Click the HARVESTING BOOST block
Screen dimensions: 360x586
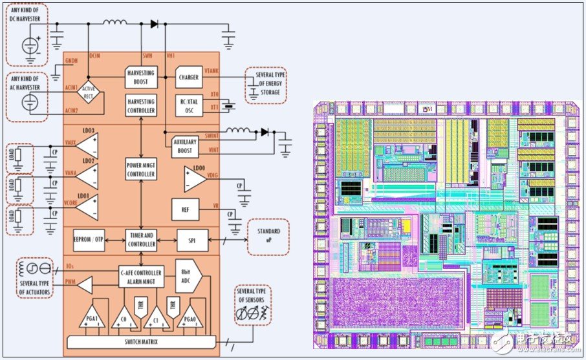(141, 78)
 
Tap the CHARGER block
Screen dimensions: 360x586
(188, 78)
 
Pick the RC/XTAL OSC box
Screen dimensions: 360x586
(188, 105)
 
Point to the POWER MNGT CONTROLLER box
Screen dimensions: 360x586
(141, 169)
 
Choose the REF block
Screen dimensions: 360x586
(186, 209)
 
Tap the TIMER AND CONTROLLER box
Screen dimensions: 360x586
(141, 240)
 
